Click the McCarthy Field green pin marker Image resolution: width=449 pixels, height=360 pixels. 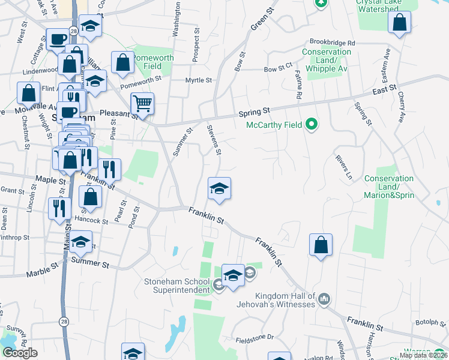coord(311,125)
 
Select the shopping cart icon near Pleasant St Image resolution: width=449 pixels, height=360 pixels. coord(142,104)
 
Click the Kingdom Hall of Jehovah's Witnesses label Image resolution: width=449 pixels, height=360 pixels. coord(285,300)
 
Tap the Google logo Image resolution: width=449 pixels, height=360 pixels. coord(20,353)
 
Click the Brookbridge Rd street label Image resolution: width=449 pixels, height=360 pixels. coord(333,43)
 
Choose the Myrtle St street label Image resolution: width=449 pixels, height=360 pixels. coord(199,80)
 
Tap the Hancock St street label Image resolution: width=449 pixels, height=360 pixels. coord(91,220)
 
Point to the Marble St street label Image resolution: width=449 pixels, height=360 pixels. coord(42,269)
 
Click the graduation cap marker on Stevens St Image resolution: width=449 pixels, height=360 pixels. coord(219,188)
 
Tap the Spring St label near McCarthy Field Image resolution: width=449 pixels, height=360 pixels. coord(255,111)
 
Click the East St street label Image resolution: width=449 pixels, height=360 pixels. coord(385,89)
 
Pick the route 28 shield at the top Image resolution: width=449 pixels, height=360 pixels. coord(73,31)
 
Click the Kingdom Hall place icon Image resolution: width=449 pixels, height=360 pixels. coord(324,299)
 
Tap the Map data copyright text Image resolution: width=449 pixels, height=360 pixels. coord(423,355)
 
